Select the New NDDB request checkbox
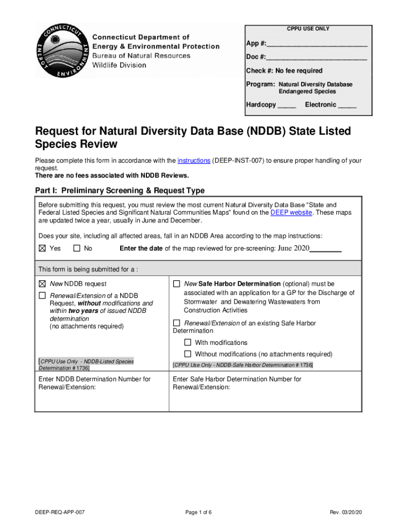pos(42,284)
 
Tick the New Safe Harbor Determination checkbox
pos(176,284)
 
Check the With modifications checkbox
pos(188,343)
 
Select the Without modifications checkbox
pos(188,354)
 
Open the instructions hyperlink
pos(193,161)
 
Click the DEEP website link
pos(291,213)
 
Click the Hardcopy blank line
pos(287,106)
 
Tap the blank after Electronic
pos(347,106)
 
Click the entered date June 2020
pos(293,249)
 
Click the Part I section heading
pos(120,190)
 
